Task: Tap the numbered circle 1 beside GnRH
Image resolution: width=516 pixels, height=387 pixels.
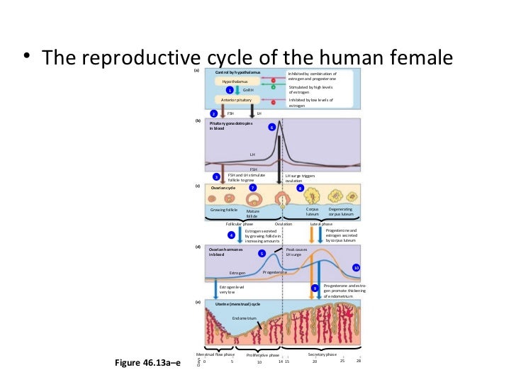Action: tap(230, 91)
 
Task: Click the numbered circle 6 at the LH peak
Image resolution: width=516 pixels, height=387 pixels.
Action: tap(271, 128)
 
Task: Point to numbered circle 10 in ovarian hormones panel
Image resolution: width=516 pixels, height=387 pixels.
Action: tap(357, 268)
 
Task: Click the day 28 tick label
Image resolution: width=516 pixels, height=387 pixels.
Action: tap(359, 361)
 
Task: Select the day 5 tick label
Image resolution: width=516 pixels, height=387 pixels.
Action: tap(232, 361)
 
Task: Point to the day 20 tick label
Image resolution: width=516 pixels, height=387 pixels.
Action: tap(315, 361)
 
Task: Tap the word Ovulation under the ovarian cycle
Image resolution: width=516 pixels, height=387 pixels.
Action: tap(283, 223)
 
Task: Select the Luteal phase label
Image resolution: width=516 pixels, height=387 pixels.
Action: tap(322, 223)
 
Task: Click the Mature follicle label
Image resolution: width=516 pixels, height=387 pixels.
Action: tap(253, 213)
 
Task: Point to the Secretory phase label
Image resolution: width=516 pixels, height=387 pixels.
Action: tap(322, 353)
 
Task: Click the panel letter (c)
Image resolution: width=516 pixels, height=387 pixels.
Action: tap(198, 186)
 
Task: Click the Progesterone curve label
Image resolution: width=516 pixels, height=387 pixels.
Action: tap(274, 271)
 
